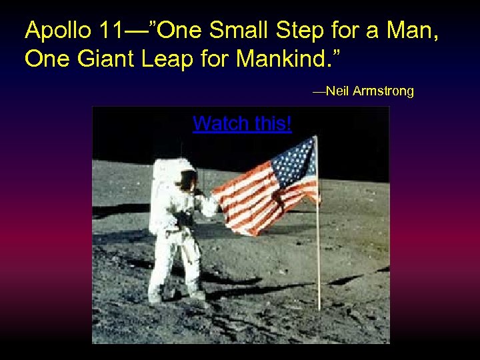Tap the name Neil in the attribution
(337, 91)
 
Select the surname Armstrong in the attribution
(383, 91)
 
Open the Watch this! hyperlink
(242, 123)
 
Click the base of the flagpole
(319, 308)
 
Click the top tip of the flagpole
(315, 137)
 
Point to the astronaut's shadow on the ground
(240, 291)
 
